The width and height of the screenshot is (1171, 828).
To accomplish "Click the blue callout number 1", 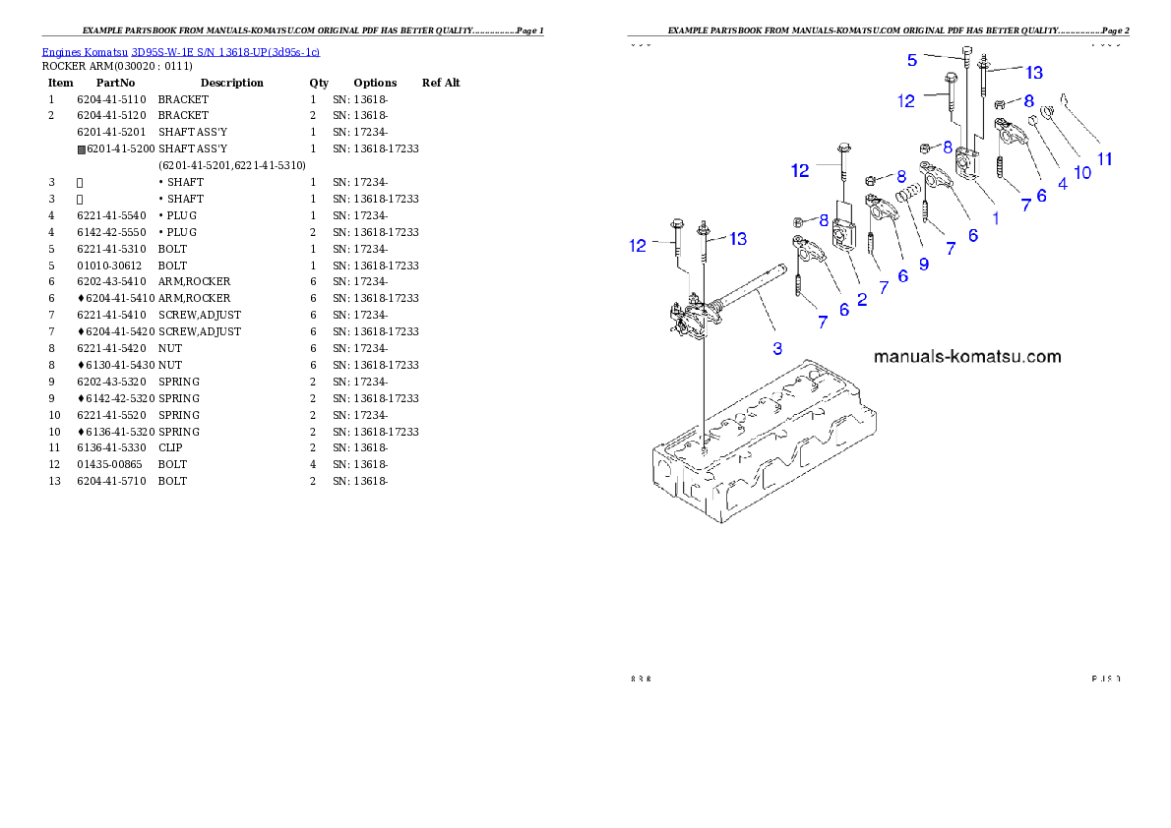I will pos(995,218).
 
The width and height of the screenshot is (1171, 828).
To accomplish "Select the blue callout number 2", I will pos(862,299).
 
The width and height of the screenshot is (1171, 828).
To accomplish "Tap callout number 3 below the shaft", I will pos(777,347).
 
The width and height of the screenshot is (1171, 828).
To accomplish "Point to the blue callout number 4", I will pos(1063,182).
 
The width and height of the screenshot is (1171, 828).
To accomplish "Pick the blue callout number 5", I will pos(912,60).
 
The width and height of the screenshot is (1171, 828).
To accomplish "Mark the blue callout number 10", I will pos(1082,172).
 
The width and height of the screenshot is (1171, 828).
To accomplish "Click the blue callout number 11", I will pos(1105,158).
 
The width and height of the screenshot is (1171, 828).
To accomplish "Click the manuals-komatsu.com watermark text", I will pos(967,356).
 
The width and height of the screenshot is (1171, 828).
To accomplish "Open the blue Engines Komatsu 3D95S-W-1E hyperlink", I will pos(180,51).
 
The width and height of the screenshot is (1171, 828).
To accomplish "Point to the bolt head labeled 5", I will pos(968,49).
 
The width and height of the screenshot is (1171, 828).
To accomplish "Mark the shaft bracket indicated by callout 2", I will pos(843,236).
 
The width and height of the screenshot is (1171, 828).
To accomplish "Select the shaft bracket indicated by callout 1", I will pos(966,161).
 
